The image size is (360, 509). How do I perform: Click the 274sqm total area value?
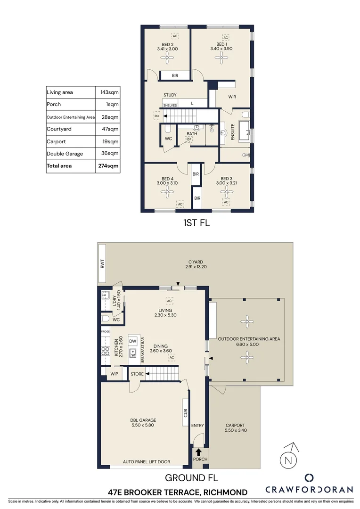tap(109, 166)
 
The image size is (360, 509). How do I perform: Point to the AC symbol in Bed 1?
tap(225, 38)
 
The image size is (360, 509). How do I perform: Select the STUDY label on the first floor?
tap(170, 95)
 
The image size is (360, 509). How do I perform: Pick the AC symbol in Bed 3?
tap(226, 202)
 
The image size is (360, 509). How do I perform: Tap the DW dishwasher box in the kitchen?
tap(133, 341)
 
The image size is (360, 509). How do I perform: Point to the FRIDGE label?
tap(105, 332)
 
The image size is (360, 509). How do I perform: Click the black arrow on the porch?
tap(198, 452)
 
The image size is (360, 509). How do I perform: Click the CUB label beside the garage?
tap(186, 413)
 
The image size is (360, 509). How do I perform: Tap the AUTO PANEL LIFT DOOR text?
tap(147, 462)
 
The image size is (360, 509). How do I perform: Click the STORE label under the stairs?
tap(137, 374)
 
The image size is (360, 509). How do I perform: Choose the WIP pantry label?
tap(114, 374)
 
